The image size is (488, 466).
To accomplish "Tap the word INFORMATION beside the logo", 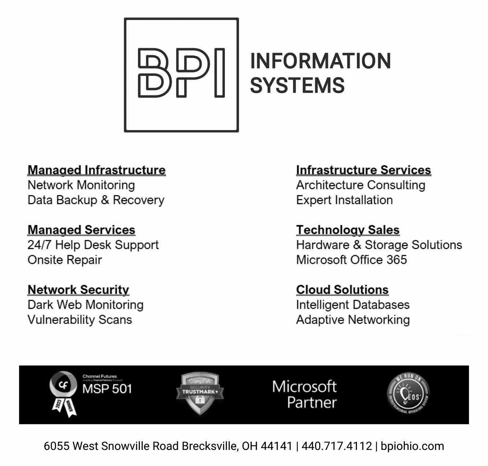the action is [x=320, y=61].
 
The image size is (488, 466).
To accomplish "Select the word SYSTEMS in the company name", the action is [x=297, y=85].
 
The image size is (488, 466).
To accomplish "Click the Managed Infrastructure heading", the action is [x=97, y=170].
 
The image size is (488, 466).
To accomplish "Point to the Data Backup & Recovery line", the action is [x=96, y=200].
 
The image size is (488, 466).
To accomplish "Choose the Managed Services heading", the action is [x=81, y=230].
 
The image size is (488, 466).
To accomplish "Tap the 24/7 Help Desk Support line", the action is [x=93, y=245].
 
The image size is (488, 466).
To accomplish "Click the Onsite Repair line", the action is [x=64, y=260].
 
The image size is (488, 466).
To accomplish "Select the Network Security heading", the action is [x=78, y=289].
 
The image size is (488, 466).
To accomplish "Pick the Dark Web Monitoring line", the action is [x=85, y=305].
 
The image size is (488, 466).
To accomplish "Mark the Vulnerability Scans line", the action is [x=79, y=320].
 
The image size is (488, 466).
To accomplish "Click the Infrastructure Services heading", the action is [x=364, y=170].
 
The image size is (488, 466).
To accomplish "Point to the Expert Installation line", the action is [x=344, y=200].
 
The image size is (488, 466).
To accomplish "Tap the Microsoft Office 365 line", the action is [x=351, y=260].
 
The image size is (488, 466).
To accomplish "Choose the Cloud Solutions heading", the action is [x=342, y=289].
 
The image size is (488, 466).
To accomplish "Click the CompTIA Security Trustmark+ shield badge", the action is [x=200, y=393].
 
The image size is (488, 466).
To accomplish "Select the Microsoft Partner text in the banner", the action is [x=304, y=395].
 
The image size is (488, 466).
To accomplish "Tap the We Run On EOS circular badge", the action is [x=408, y=394].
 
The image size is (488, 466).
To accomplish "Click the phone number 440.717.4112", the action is [x=336, y=446].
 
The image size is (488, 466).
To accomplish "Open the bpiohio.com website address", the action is [x=412, y=446].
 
